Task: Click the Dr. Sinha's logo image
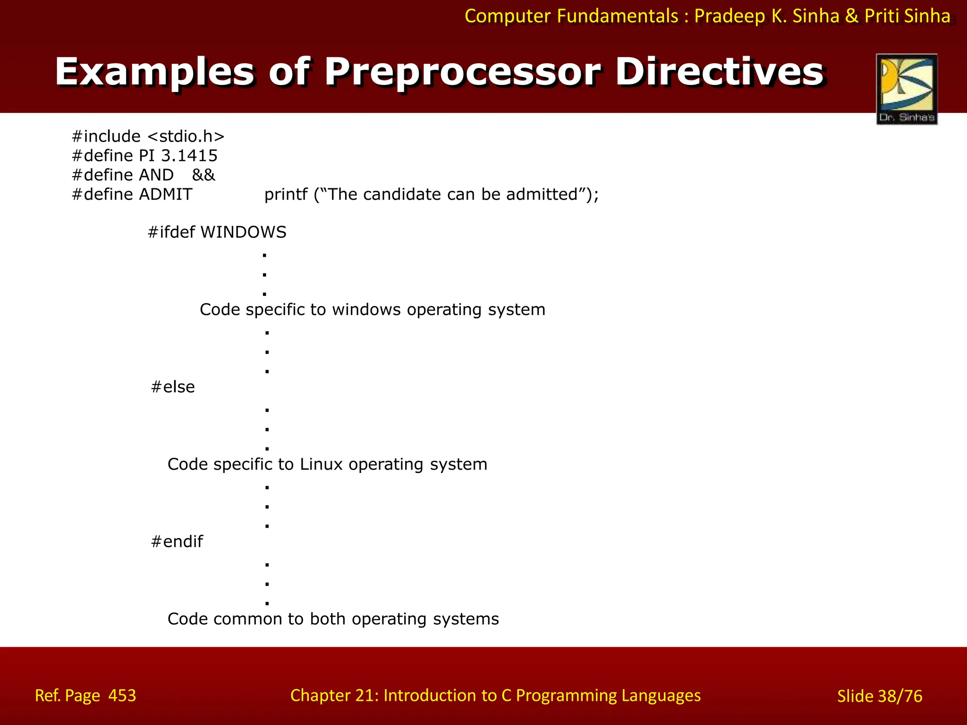click(907, 89)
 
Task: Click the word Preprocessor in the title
click(462, 72)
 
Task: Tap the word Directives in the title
click(720, 72)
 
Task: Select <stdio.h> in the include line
click(186, 136)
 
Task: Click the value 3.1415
click(189, 156)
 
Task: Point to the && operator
click(204, 175)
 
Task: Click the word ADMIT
click(165, 194)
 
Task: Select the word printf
click(286, 194)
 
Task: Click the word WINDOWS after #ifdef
click(243, 232)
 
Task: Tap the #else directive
click(173, 387)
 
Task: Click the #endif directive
click(177, 541)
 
